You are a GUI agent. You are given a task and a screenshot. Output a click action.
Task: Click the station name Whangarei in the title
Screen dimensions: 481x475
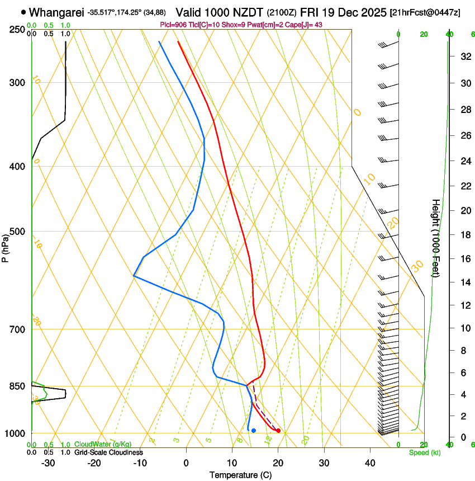[x=55, y=12]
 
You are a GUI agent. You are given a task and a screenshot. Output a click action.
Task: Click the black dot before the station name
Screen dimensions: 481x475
[x=23, y=12]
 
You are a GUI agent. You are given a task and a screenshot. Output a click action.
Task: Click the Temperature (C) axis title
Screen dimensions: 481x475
[x=240, y=475]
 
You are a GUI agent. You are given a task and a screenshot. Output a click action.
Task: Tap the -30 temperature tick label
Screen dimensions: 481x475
[x=48, y=463]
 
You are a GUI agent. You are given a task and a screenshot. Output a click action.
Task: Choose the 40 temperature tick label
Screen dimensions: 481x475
[x=370, y=463]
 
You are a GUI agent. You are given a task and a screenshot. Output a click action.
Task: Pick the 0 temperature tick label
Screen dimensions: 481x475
[x=186, y=463]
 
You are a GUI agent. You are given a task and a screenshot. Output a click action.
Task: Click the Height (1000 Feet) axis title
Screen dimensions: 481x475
[x=436, y=238]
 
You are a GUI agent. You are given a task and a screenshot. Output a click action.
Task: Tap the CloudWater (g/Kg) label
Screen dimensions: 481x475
[x=103, y=444]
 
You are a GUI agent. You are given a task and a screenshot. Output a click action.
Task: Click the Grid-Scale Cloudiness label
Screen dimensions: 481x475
[x=108, y=452]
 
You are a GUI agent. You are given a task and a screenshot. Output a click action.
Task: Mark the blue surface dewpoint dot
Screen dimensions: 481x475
[x=254, y=431]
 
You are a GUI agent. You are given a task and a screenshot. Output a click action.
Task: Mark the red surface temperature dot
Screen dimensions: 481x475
[x=278, y=431]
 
